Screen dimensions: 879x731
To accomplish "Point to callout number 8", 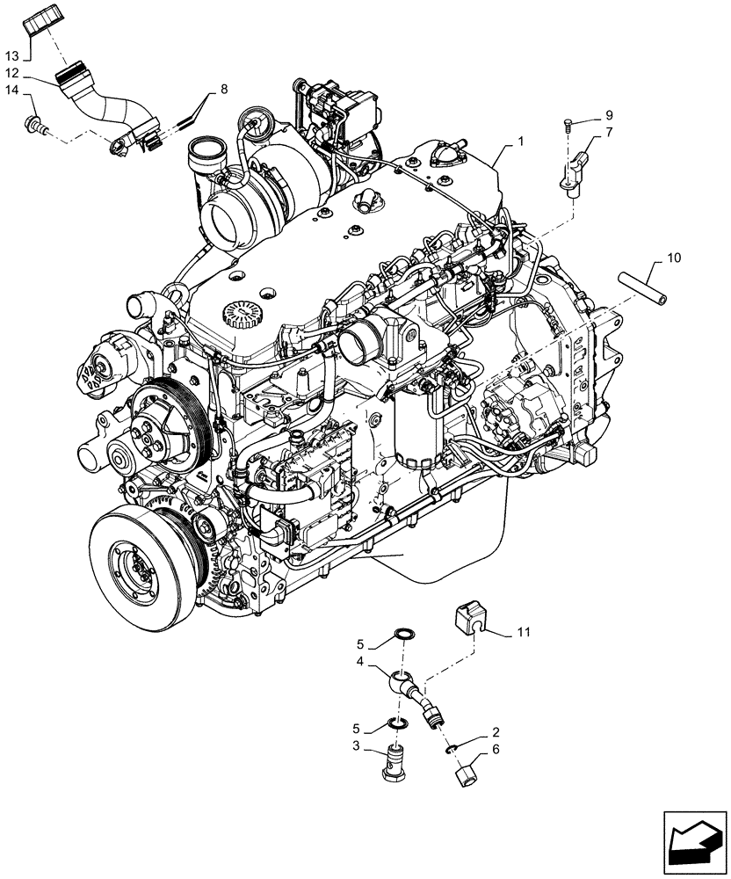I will point(223,89).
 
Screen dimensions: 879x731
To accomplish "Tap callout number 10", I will point(674,258).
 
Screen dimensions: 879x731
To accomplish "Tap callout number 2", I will point(496,731).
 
